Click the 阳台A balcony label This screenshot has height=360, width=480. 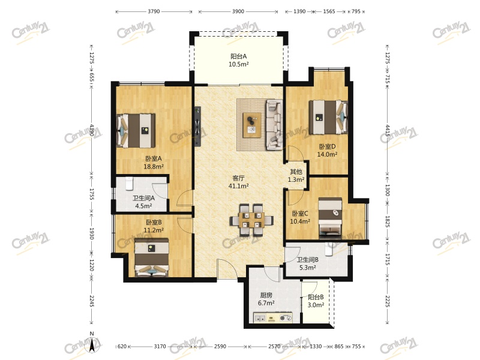click(x=238, y=56)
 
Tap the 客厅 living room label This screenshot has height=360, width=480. click(x=238, y=178)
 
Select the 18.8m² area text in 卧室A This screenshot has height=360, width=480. click(x=154, y=167)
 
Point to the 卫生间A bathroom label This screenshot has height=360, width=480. click(x=143, y=198)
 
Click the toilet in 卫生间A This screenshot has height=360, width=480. click(x=130, y=183)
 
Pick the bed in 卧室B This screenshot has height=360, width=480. click(x=152, y=258)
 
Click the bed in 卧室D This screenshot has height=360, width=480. click(x=328, y=117)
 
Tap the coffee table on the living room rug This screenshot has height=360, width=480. click(x=252, y=125)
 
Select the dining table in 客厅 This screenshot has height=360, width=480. click(x=251, y=220)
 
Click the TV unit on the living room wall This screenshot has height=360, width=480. click(x=198, y=126)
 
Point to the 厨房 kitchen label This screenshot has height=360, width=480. click(x=266, y=295)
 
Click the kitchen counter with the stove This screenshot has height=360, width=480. click(x=273, y=317)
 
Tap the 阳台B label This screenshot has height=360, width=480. click(x=316, y=297)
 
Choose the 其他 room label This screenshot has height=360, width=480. click(x=296, y=172)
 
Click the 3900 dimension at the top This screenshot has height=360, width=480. click(x=238, y=11)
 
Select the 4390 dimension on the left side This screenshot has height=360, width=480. click(x=91, y=130)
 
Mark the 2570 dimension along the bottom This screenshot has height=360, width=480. click(x=274, y=346)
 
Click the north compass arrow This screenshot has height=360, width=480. click(x=92, y=344)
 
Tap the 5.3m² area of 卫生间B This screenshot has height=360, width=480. click(x=308, y=268)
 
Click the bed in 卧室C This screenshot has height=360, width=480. click(x=331, y=218)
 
